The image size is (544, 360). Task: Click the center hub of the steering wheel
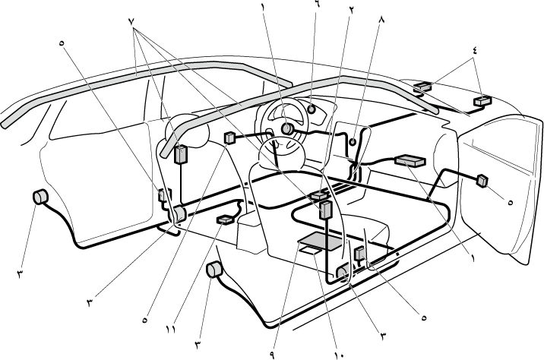[x=287, y=129]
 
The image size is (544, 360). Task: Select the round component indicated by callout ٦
[x=312, y=109]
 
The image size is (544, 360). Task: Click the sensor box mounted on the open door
[x=482, y=180]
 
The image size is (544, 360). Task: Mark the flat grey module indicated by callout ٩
[x=320, y=244]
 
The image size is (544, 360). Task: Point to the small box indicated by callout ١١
[x=226, y=220]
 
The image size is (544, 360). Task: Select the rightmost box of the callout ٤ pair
[x=480, y=101]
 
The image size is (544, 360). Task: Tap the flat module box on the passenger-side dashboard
[x=410, y=160]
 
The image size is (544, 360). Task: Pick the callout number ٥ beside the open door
[x=510, y=202]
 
